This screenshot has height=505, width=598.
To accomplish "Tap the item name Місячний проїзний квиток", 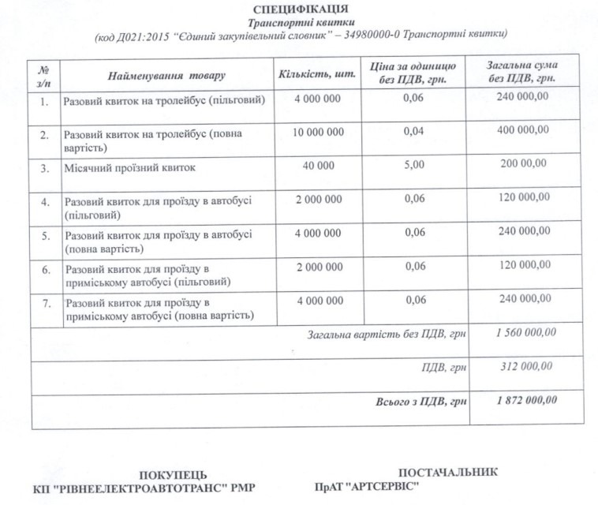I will (129, 168).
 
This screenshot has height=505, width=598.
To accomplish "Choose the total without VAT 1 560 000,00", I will (526, 333).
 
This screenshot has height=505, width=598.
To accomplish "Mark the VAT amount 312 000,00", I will (526, 366).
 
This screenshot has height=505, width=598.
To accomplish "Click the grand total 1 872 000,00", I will (526, 400).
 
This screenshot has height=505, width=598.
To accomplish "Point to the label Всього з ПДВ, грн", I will (421, 402).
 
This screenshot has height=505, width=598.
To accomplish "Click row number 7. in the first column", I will (46, 303).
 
